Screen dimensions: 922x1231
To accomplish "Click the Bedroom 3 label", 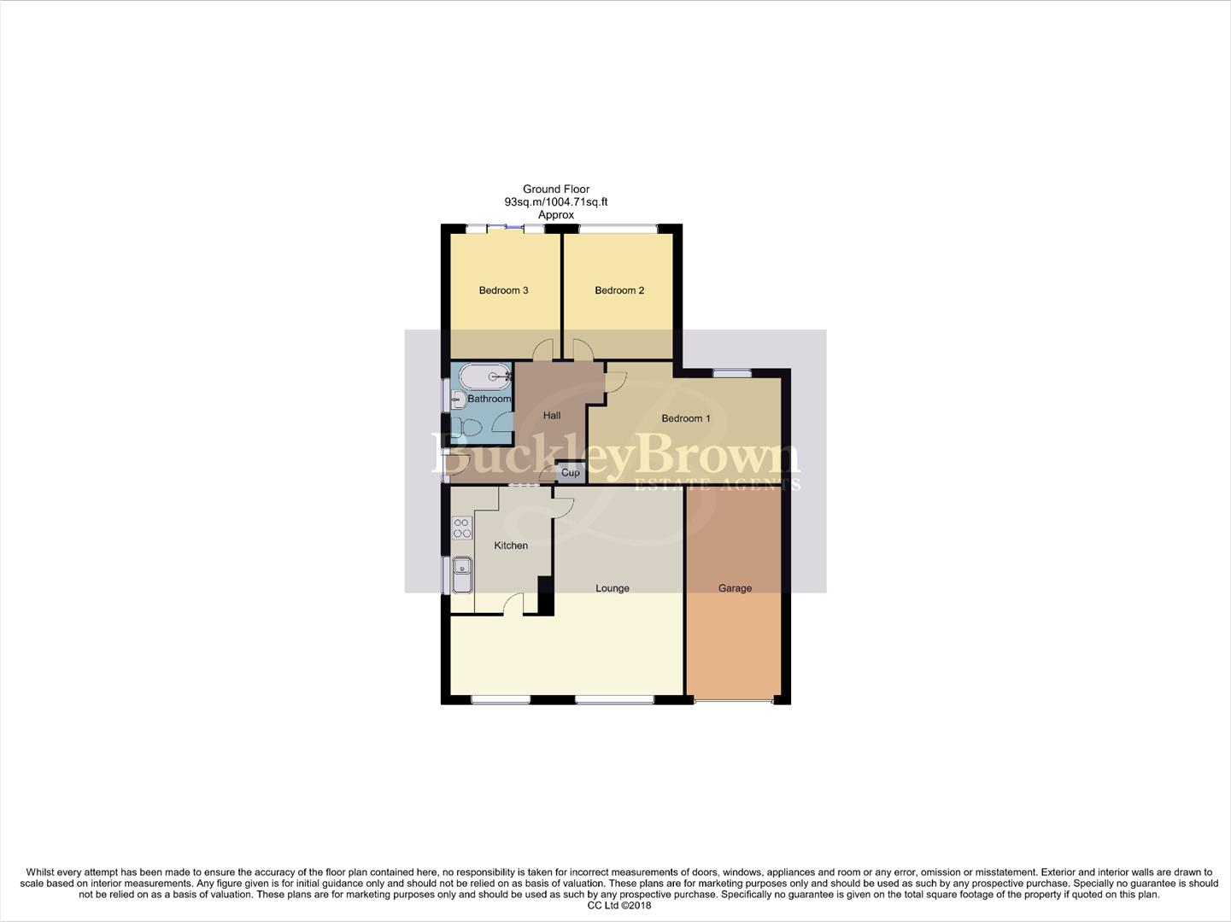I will (x=503, y=290).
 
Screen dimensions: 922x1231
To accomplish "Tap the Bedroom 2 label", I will (x=619, y=290).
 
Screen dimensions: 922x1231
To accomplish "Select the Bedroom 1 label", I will (x=686, y=418).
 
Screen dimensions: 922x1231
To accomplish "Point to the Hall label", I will (x=552, y=416).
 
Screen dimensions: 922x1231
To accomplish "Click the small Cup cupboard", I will (x=571, y=472).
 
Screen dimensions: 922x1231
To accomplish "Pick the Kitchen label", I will (x=511, y=546).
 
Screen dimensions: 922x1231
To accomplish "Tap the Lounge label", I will (x=613, y=588).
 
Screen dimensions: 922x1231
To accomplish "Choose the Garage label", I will (x=735, y=588).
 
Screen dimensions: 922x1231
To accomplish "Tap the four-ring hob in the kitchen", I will (x=462, y=528).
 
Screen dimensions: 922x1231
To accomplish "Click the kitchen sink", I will (x=462, y=575).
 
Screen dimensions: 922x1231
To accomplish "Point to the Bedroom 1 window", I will (x=732, y=372).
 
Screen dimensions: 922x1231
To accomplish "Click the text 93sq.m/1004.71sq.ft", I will (x=555, y=202).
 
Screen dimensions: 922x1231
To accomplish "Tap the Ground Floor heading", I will (x=556, y=190).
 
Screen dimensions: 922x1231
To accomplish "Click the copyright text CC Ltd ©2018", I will (x=615, y=906).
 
